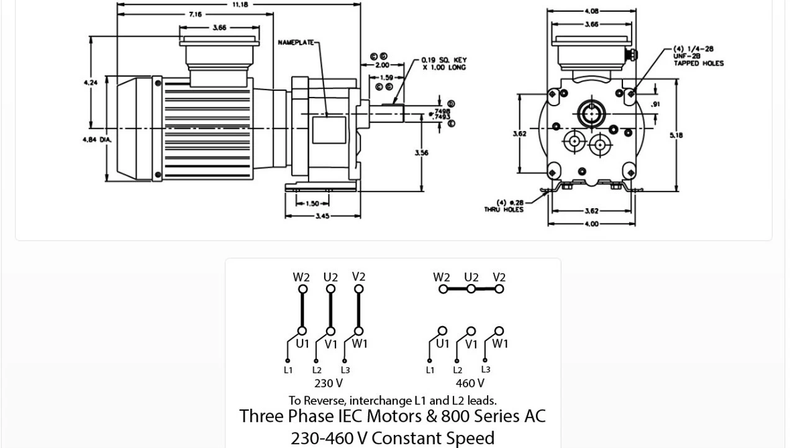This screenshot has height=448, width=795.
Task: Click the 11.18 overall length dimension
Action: tap(240, 4)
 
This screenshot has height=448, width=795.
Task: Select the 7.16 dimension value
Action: tap(195, 14)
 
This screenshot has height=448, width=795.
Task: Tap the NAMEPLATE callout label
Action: tap(296, 42)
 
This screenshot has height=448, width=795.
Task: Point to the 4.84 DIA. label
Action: tap(97, 140)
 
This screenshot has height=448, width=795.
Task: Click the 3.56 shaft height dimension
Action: tap(421, 153)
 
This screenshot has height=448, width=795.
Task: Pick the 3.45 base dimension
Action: tap(322, 216)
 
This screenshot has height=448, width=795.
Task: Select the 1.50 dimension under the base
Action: tap(312, 203)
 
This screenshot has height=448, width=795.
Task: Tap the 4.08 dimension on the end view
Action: tap(591, 11)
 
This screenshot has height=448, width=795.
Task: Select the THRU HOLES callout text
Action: tap(504, 209)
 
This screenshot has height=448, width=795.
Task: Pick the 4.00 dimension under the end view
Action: tap(591, 224)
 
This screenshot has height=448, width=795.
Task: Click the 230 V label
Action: tap(329, 383)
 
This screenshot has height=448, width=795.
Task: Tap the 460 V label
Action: tap(470, 383)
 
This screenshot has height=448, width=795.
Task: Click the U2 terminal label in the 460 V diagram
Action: tap(471, 277)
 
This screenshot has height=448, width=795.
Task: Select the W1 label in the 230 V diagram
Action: tap(360, 344)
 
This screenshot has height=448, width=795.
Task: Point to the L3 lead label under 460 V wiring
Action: tap(486, 370)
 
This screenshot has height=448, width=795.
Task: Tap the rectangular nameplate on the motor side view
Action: tap(329, 130)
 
